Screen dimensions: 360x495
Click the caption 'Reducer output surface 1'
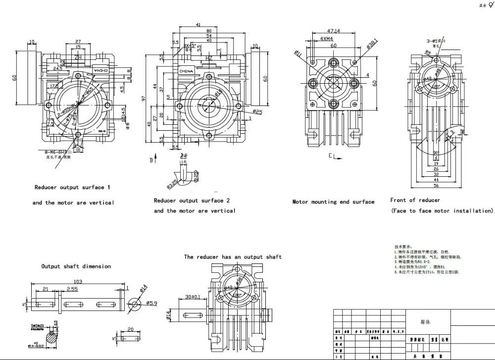tap(72, 188)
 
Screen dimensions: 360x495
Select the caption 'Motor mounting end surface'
tap(333, 202)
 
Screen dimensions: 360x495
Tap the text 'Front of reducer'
tap(415, 200)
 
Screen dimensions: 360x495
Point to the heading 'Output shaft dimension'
tap(76, 266)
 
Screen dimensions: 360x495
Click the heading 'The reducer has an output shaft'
tap(233, 257)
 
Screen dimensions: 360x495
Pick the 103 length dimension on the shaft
tap(78, 281)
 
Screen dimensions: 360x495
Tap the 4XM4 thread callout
tap(326, 38)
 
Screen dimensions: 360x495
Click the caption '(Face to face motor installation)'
tap(442, 211)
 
